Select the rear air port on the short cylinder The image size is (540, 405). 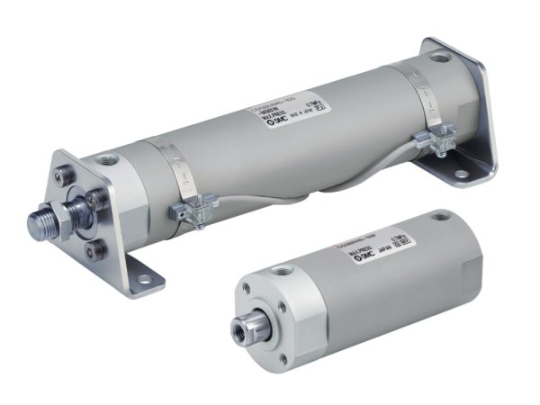pos(442,216)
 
